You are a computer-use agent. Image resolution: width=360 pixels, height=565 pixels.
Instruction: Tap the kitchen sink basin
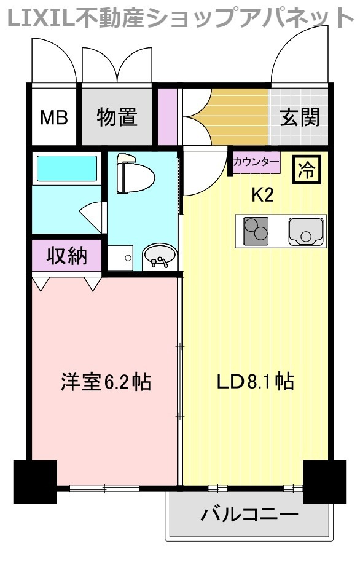[x=305, y=232]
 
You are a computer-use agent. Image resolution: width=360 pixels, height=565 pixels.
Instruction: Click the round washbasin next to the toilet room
[x=160, y=256]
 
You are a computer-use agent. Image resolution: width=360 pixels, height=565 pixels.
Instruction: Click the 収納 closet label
[x=66, y=255]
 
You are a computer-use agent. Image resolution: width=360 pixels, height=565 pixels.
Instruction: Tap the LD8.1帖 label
[x=254, y=382]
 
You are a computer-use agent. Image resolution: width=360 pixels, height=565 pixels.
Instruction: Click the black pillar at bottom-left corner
[x=35, y=481]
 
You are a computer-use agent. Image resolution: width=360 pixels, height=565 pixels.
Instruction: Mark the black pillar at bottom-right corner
[x=324, y=481]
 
